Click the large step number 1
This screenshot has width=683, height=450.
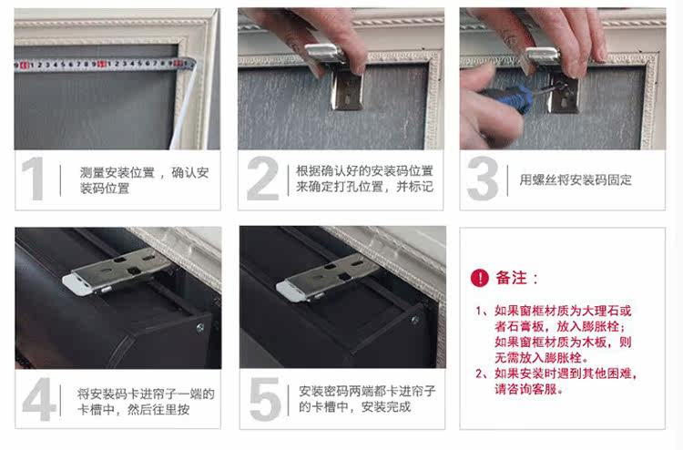pyautogui.click(x=33, y=179)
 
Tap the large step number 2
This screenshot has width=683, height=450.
pyautogui.click(x=262, y=179)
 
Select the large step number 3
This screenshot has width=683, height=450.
pyautogui.click(x=483, y=179)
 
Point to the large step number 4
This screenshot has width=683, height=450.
pyautogui.click(x=38, y=400)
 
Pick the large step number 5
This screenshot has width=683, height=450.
pyautogui.click(x=265, y=400)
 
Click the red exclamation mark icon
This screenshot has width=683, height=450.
pyautogui.click(x=480, y=278)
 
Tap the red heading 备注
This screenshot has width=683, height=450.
pyautogui.click(x=512, y=278)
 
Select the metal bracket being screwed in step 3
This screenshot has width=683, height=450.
pyautogui.click(x=554, y=77)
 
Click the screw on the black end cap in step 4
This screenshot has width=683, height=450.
pyautogui.click(x=200, y=327)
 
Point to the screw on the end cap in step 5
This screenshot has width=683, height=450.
pyautogui.click(x=415, y=320)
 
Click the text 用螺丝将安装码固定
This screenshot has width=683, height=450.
pyautogui.click(x=575, y=179)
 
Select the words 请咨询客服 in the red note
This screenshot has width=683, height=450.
pyautogui.click(x=525, y=389)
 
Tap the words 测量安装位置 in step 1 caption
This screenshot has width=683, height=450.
pyautogui.click(x=117, y=172)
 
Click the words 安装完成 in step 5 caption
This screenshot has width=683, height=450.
pyautogui.click(x=386, y=407)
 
